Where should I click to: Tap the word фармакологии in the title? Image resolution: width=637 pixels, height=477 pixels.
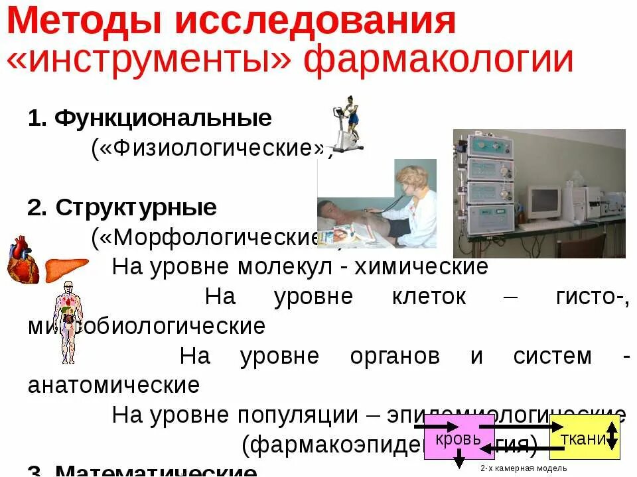tap(439, 60)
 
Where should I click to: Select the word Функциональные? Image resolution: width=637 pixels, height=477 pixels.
tap(163, 118)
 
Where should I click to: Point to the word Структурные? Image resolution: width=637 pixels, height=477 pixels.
tap(136, 207)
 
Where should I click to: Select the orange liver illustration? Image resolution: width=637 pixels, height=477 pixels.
tap(66, 268)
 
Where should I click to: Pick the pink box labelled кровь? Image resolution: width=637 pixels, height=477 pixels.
tap(459, 437)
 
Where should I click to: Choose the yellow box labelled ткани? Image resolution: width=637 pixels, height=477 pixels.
tap(584, 437)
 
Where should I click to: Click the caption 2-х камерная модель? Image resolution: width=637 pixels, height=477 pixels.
tap(514, 468)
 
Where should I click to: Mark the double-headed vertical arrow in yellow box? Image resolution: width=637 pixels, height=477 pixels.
tap(612, 437)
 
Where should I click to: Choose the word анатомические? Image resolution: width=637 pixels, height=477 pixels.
tap(113, 385)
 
